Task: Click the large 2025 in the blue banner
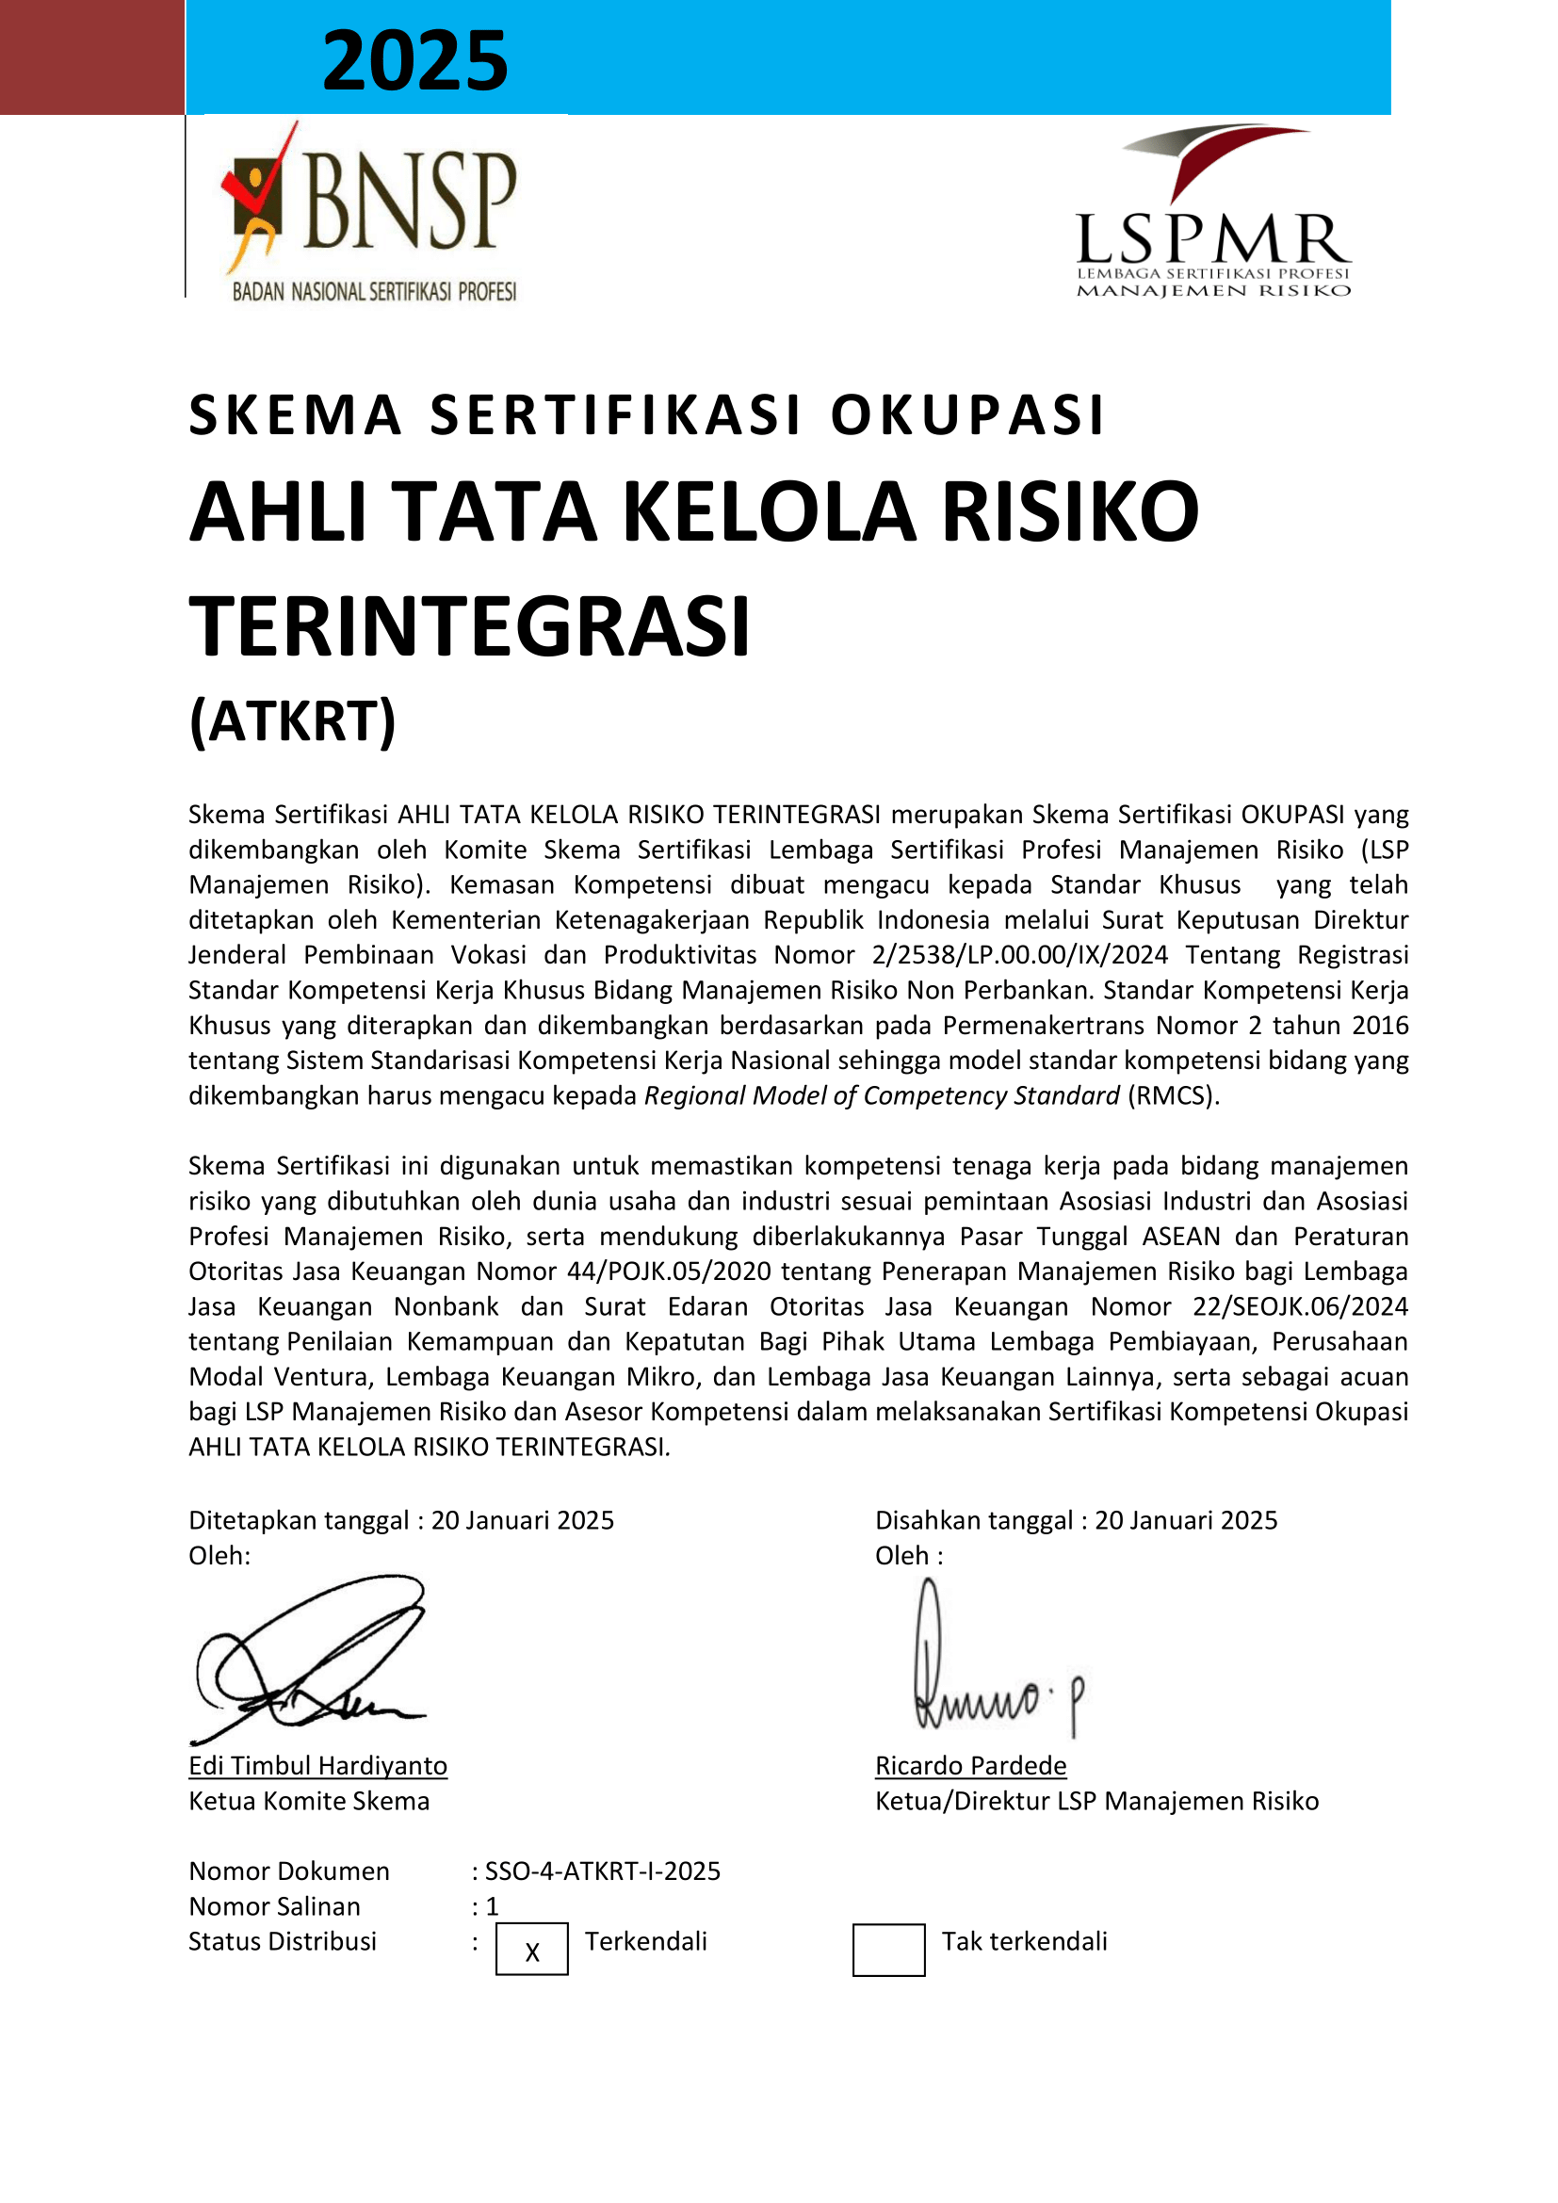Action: pyautogui.click(x=414, y=60)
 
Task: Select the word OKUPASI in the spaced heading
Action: pyautogui.click(x=968, y=415)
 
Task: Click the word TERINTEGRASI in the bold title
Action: pyautogui.click(x=469, y=626)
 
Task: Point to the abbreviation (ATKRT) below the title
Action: pyautogui.click(x=293, y=721)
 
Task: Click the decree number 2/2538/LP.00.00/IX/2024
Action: pyautogui.click(x=1020, y=955)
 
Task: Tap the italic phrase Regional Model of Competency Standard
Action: pyautogui.click(x=881, y=1095)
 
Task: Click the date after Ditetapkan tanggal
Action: pyautogui.click(x=522, y=1521)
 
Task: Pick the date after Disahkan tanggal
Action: pyautogui.click(x=1186, y=1521)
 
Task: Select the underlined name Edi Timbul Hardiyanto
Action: pyautogui.click(x=317, y=1766)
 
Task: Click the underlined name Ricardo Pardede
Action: pyautogui.click(x=970, y=1766)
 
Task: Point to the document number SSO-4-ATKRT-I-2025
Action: pyautogui.click(x=603, y=1872)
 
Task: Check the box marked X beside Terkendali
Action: pyautogui.click(x=531, y=1950)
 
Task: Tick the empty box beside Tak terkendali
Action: pyautogui.click(x=888, y=1950)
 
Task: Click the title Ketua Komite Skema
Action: pyautogui.click(x=309, y=1802)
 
